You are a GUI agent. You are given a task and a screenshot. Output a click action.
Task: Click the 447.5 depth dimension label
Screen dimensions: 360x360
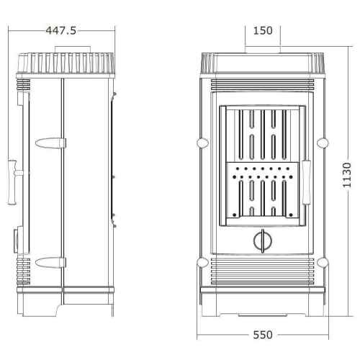click(61, 31)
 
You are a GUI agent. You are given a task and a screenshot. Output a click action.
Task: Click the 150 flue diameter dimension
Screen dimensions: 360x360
click(263, 31)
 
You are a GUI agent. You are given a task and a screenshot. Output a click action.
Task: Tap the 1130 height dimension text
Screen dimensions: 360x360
click(347, 175)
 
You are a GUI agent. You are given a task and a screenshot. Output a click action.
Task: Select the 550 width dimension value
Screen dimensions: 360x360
click(263, 335)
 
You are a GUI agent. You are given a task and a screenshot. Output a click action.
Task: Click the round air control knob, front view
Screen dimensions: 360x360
click(263, 240)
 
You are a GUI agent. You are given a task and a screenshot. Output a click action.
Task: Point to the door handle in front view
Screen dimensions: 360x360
click(307, 182)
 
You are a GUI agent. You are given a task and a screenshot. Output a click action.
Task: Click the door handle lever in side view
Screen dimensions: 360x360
click(12, 182)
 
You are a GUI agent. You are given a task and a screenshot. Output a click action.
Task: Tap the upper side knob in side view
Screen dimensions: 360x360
click(50, 143)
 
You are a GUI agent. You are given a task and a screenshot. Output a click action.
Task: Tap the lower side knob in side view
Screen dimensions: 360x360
click(50, 262)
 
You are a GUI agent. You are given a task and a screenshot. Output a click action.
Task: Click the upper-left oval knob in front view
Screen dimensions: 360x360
click(203, 143)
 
